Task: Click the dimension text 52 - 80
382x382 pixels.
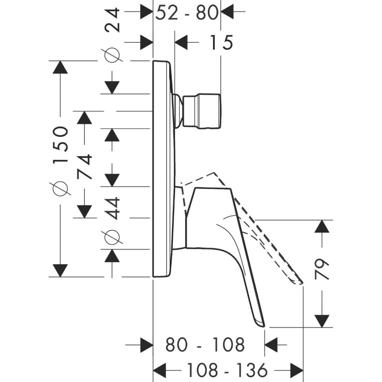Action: pyautogui.click(x=186, y=13)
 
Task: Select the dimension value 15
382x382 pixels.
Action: pyautogui.click(x=221, y=43)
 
